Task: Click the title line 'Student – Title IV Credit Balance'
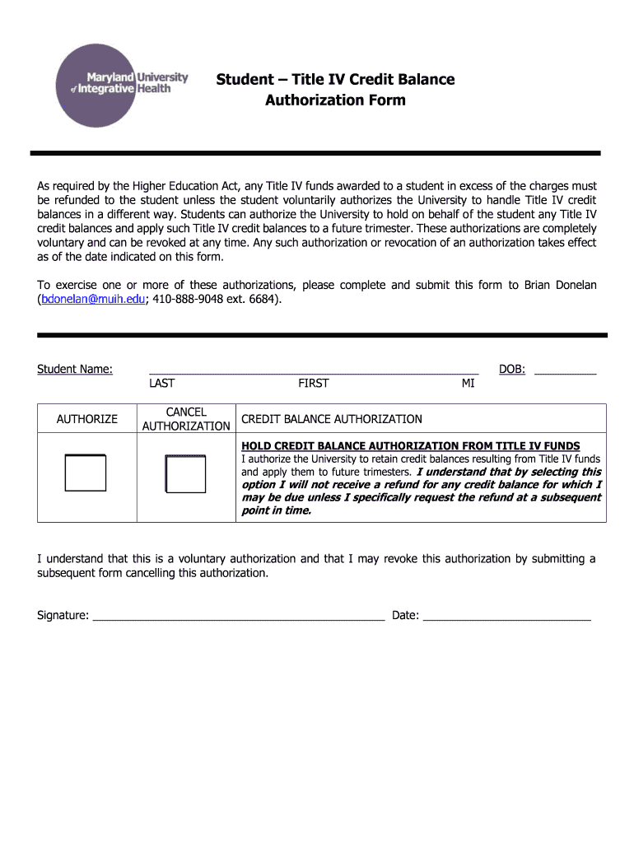pos(335,79)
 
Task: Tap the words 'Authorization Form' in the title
pos(335,100)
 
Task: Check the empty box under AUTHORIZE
pos(86,473)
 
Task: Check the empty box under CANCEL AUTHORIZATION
pos(185,473)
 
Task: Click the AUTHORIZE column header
pos(86,419)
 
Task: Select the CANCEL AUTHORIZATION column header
pos(186,419)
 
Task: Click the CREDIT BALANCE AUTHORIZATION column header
pos(331,419)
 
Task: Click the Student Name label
pos(75,369)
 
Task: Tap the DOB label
pos(512,369)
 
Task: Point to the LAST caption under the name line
pos(161,384)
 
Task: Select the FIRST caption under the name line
pos(313,384)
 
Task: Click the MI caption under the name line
pos(468,384)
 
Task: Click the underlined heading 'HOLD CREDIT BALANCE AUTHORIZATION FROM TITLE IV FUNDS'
pos(410,446)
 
